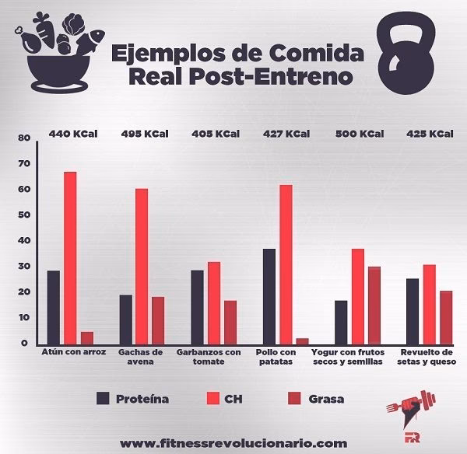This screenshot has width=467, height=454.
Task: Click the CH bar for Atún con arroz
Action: tap(70, 257)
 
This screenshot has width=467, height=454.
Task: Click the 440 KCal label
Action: tap(72, 134)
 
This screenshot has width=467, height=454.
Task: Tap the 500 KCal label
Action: tap(359, 134)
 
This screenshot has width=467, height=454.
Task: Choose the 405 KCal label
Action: tap(216, 134)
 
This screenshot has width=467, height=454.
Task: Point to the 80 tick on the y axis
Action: tap(23, 138)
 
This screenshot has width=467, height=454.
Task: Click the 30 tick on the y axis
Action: tap(23, 267)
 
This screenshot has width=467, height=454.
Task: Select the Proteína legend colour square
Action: tap(103, 400)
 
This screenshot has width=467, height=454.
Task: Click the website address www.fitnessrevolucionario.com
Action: tap(233, 443)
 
